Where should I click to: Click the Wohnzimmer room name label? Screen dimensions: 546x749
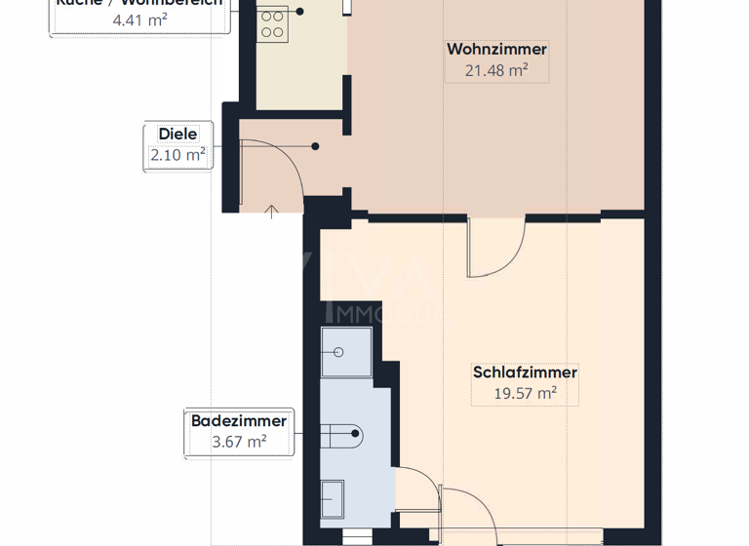pos(496,50)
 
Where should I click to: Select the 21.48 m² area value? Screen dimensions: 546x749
pos(496,70)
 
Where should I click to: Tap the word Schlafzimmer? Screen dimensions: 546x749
pos(525,372)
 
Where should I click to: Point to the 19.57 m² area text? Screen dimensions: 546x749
pos(525,393)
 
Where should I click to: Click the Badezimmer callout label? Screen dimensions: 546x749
pos(239,421)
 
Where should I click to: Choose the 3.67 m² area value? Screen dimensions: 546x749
pos(239,442)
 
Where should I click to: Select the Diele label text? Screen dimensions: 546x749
pos(177,135)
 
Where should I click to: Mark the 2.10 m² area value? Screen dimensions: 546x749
pos(177,155)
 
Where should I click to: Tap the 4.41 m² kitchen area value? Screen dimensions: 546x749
pos(138,18)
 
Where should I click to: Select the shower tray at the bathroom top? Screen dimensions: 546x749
pos(347,353)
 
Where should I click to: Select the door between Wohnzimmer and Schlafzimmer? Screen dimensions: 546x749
pos(497,249)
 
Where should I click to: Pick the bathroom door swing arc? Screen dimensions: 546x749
pos(419,487)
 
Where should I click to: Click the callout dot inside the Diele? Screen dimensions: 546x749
pos(315,146)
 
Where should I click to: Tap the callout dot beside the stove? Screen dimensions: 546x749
pos(300,12)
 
